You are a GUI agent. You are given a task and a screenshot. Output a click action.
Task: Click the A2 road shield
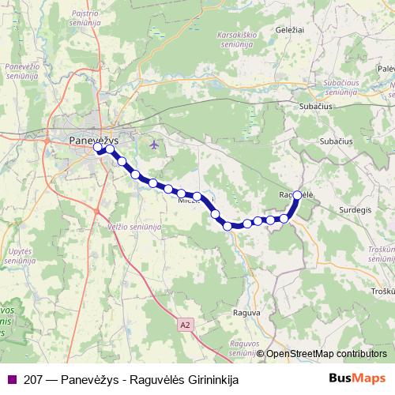click(185, 324)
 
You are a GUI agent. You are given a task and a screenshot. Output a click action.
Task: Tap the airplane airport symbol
click(153, 145)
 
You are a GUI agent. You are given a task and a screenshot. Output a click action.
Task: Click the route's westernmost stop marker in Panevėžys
click(99, 148)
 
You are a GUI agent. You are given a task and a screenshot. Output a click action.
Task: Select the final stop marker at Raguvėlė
click(297, 194)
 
